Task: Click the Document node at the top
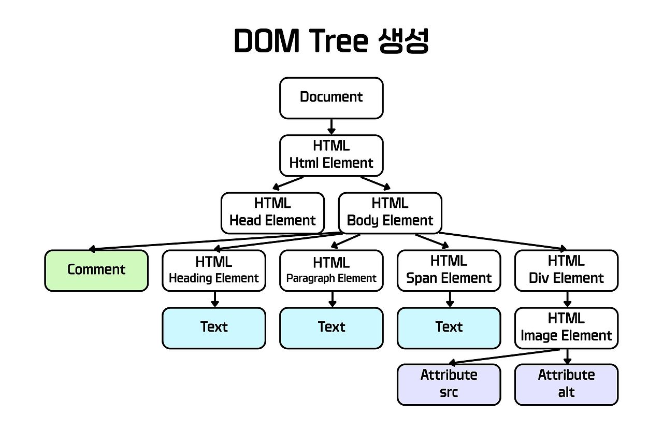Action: (x=331, y=98)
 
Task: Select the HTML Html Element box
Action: (x=331, y=155)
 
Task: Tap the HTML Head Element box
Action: (x=272, y=213)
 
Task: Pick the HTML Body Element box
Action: (x=390, y=213)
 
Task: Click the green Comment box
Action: (x=96, y=270)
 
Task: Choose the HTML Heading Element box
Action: (x=214, y=270)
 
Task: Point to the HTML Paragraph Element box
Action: (x=331, y=270)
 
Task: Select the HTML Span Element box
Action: (x=449, y=270)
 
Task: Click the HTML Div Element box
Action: (x=567, y=270)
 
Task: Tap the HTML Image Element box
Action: (x=567, y=328)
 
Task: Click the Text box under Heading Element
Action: (x=214, y=328)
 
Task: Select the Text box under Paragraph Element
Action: (x=331, y=328)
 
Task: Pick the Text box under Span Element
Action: (x=449, y=328)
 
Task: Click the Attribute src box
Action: (x=449, y=384)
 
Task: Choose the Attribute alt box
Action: (x=567, y=384)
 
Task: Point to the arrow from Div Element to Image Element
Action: (x=567, y=300)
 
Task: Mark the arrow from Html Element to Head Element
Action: (x=289, y=183)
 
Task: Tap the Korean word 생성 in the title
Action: (x=399, y=41)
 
